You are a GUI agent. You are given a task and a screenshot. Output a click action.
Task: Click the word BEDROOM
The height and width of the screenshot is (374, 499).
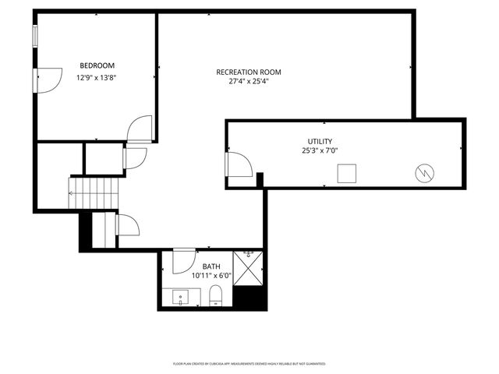pos(97,65)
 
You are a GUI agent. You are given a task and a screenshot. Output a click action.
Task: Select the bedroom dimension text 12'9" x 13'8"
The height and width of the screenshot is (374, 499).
pos(97,78)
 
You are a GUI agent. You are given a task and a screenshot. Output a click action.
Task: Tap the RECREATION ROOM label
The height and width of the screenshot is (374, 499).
pos(249,72)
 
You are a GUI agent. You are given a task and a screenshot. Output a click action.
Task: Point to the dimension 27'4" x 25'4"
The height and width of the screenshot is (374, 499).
pos(249,82)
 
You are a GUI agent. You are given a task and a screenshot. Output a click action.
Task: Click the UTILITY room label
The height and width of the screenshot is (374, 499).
pos(320,142)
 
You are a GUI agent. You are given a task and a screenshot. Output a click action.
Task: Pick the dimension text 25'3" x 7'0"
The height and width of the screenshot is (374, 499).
pos(320,151)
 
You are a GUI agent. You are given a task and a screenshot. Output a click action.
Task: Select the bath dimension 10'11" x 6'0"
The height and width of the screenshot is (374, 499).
pos(211,276)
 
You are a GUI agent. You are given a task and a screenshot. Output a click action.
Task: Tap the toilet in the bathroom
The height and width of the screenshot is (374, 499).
pos(217,296)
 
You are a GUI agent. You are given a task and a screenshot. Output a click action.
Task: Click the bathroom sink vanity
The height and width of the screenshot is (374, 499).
pos(181,297)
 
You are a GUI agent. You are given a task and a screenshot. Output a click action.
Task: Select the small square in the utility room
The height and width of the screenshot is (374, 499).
pos(347,174)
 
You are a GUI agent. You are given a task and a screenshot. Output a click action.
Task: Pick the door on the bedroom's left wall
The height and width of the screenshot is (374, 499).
pos(47,79)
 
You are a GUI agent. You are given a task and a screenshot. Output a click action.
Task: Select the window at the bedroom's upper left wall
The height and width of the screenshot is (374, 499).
pos(35,37)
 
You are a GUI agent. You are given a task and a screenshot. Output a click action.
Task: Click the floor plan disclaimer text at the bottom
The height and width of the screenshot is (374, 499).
pos(249,364)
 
